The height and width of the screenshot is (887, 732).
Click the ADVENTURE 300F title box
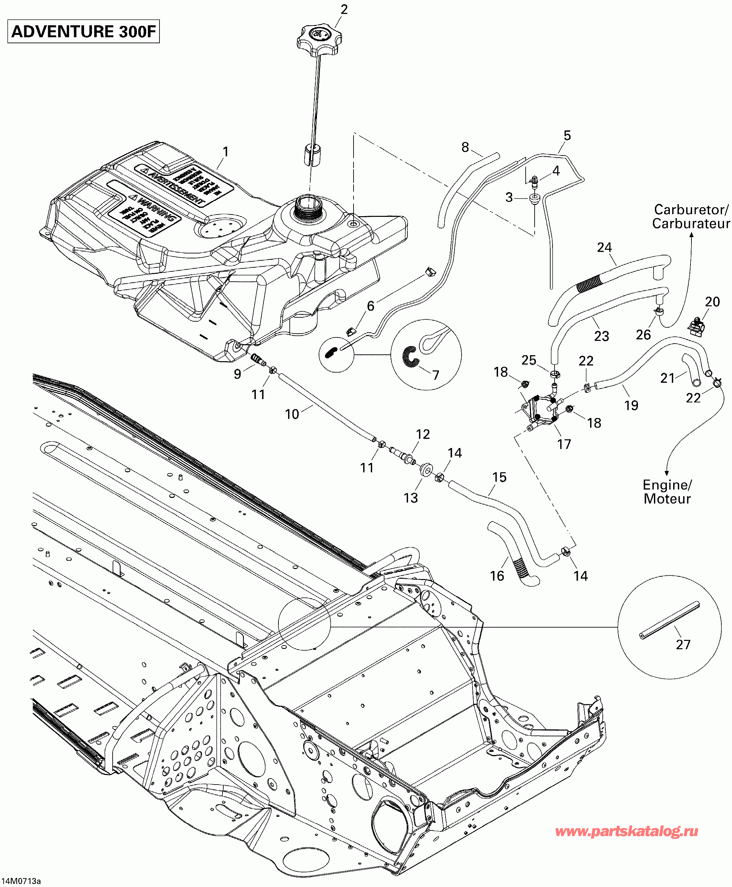coord(83,32)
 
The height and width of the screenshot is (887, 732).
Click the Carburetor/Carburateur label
coord(691,217)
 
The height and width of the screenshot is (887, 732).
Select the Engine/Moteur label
coord(667,492)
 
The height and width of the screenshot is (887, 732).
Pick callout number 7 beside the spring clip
coord(436,375)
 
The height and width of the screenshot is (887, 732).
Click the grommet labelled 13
coord(426,469)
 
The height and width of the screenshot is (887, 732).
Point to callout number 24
coord(604,247)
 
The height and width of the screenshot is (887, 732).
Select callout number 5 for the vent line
coord(567,135)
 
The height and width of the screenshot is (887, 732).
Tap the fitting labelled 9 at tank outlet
coord(258,360)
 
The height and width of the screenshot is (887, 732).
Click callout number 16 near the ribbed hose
coord(497,576)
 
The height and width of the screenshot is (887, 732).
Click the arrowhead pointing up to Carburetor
coord(691,234)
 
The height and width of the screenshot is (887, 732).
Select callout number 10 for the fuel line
coord(292,414)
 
